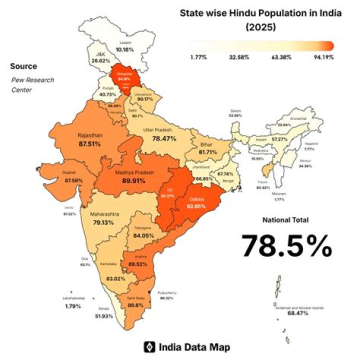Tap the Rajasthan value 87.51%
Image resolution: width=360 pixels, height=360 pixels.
89,143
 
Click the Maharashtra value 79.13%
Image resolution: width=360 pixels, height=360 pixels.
104,222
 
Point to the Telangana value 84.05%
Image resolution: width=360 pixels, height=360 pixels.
143,235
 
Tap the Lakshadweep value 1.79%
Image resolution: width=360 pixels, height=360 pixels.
73,305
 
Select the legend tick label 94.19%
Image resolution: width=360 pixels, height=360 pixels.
323,57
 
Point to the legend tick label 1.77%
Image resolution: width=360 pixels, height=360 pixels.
198,57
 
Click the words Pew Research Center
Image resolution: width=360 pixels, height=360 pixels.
32,85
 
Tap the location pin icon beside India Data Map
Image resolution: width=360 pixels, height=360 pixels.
148,346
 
